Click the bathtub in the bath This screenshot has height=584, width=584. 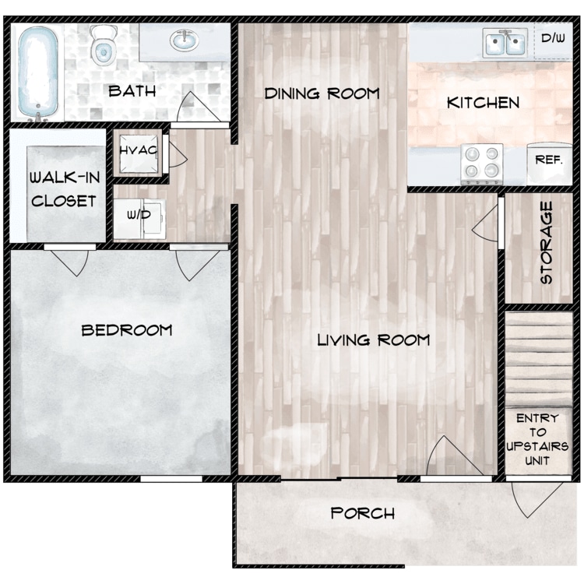[x=37, y=72]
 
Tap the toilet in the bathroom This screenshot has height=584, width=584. [x=102, y=45]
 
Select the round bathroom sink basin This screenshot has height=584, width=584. [x=184, y=40]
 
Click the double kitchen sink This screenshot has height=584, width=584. [x=505, y=43]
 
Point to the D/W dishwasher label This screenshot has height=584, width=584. [x=553, y=38]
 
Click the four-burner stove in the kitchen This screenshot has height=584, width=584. [x=482, y=164]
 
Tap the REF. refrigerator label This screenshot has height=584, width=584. [x=549, y=160]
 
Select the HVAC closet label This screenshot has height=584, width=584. [x=139, y=150]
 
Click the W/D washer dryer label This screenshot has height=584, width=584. [x=139, y=215]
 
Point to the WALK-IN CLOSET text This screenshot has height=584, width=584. [x=65, y=189]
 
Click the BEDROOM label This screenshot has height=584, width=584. [x=127, y=330]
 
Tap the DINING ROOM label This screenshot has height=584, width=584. [x=322, y=93]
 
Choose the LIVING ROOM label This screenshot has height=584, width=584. [x=374, y=340]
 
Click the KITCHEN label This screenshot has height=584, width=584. [x=483, y=103]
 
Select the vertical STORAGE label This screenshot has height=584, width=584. [x=547, y=243]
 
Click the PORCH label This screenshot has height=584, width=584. [x=363, y=513]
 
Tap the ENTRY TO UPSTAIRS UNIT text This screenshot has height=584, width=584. [x=537, y=439]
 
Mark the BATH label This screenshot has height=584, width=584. [x=132, y=91]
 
